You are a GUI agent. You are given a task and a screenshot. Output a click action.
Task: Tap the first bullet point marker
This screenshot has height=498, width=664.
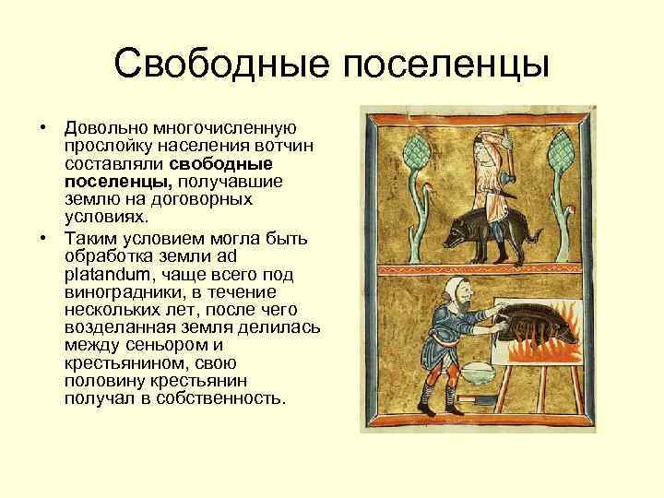[x=42, y=127]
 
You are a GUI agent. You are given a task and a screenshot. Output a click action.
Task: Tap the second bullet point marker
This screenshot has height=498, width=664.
[x=42, y=238]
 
